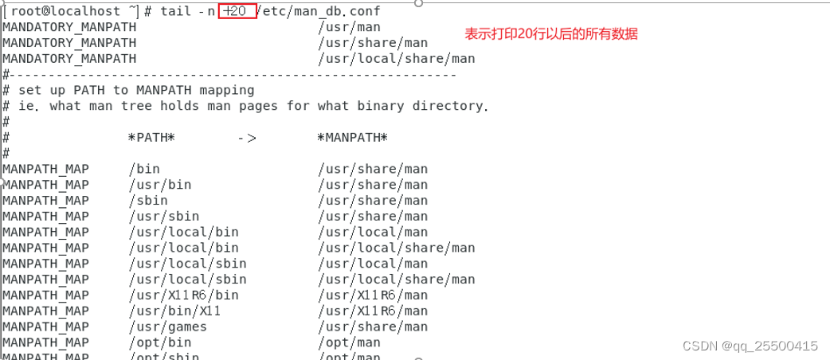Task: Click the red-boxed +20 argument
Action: click(237, 10)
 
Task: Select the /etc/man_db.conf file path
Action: click(320, 10)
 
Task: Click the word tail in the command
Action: click(176, 10)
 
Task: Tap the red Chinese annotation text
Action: click(551, 34)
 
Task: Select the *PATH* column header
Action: click(152, 137)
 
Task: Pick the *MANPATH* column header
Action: click(353, 137)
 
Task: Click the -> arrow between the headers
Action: click(247, 137)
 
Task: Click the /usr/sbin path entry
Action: click(164, 216)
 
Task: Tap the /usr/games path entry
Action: click(167, 327)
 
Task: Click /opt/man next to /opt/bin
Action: click(349, 342)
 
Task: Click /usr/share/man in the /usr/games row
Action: click(373, 327)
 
